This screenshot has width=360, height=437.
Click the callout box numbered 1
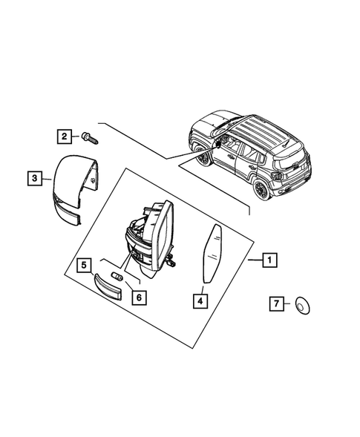coord(270,260)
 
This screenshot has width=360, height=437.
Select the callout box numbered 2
coord(65,136)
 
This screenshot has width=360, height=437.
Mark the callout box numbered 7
coord(276,303)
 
